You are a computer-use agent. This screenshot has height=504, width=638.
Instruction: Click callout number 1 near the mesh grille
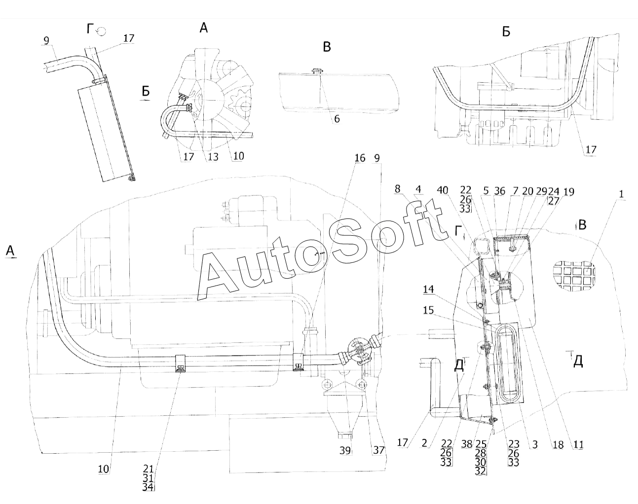[x=621, y=194]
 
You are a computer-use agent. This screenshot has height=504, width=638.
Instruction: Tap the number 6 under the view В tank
[x=337, y=119]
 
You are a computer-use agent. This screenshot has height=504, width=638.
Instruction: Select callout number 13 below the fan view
[x=213, y=157]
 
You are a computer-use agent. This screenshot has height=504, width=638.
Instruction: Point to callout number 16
[x=360, y=158]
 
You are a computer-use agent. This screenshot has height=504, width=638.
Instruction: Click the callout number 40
[x=443, y=190]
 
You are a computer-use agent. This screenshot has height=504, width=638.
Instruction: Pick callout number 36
[x=499, y=191]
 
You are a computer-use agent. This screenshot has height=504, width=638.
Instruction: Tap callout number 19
[x=568, y=192]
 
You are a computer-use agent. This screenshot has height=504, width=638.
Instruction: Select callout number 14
[x=428, y=289]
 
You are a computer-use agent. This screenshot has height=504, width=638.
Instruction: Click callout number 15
[x=428, y=310]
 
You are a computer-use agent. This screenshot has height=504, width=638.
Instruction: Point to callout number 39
[x=345, y=451]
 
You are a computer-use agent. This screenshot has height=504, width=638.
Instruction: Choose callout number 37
[x=378, y=450]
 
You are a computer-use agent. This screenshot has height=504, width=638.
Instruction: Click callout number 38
[x=467, y=444]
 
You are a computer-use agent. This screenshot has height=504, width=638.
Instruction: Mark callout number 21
[x=148, y=469]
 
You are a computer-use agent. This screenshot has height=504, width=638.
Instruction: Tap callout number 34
[x=148, y=487]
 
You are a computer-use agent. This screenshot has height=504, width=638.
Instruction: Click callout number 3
[x=535, y=444]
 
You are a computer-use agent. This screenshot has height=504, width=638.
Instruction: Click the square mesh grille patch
[x=574, y=276]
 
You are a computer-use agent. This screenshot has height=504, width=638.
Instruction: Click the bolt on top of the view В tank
[x=317, y=71]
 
